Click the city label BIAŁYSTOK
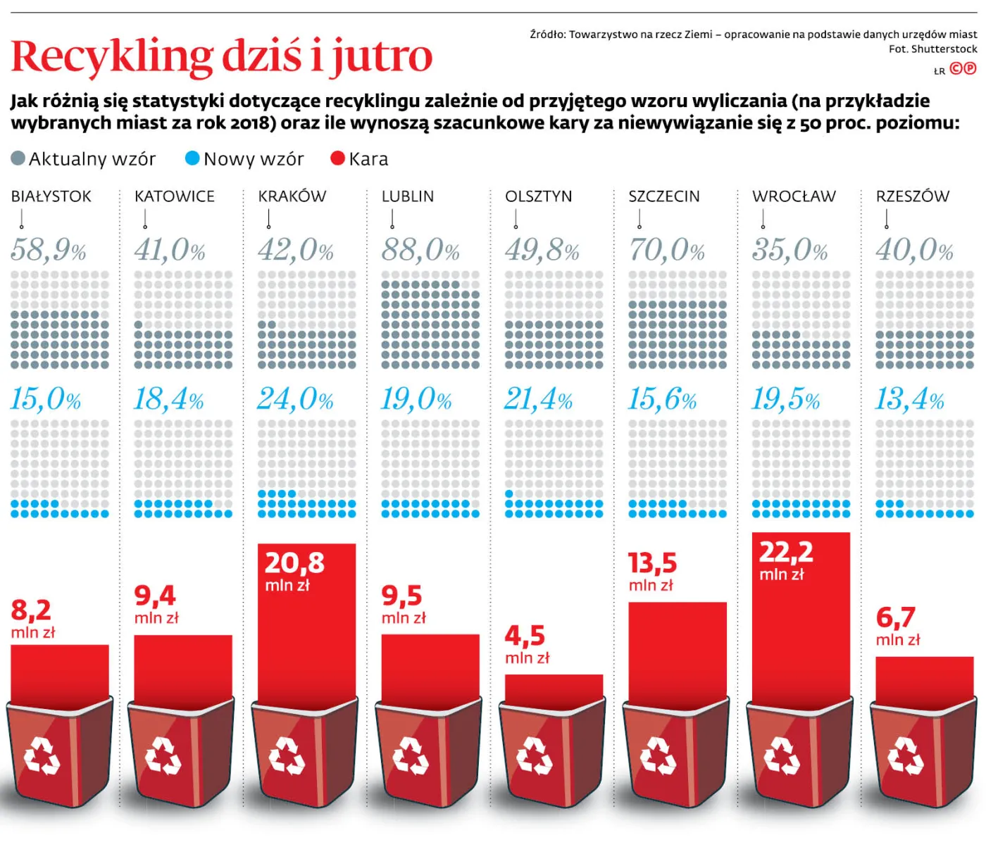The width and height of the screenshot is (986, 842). (x=51, y=196)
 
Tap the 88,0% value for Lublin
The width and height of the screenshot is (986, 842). (x=420, y=250)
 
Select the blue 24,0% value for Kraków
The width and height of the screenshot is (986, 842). (x=295, y=399)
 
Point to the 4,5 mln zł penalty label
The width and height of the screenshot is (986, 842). (x=527, y=644)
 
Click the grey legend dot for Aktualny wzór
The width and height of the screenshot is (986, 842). (x=18, y=158)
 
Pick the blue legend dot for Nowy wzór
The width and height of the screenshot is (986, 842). (x=192, y=158)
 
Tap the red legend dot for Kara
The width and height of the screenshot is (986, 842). (x=338, y=158)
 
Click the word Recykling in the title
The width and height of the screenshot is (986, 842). (x=112, y=56)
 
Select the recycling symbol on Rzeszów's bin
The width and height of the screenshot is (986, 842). (x=905, y=756)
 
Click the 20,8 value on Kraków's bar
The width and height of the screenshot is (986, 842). (x=294, y=563)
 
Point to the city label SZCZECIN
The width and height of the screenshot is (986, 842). (x=664, y=196)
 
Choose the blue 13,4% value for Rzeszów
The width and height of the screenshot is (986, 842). (x=909, y=399)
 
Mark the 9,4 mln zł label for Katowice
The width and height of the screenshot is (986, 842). (x=156, y=604)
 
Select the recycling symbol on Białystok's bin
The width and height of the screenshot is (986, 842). (x=42, y=756)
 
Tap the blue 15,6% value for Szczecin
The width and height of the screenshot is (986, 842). (x=662, y=399)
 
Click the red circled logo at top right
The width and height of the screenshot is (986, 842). (x=963, y=68)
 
